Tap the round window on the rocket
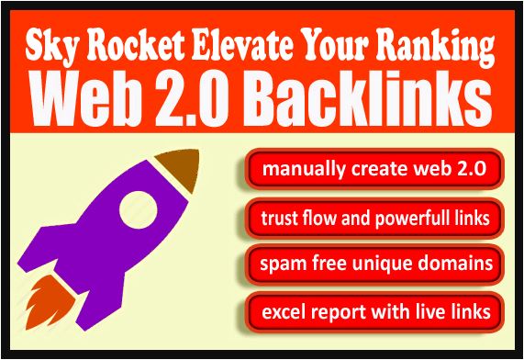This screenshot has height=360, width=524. [x=139, y=209]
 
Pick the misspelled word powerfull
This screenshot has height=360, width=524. [x=411, y=219]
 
